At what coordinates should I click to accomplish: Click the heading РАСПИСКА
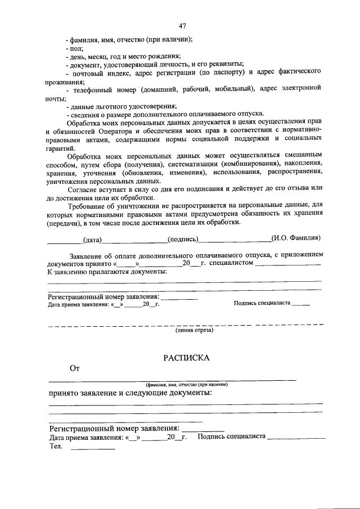pos(186,357)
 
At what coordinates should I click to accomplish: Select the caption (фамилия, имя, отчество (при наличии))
pos(186,384)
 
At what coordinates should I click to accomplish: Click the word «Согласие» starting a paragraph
pos(82,188)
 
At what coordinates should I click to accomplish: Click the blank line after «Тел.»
pos(92,448)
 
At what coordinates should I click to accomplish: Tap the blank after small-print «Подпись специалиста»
pos(301,304)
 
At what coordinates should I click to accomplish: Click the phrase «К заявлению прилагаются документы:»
pos(107,272)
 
